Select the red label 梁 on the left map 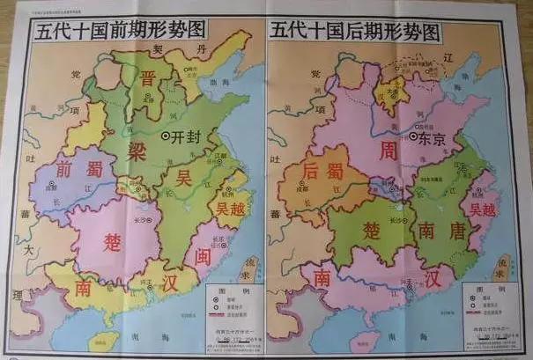coord(137,148)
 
